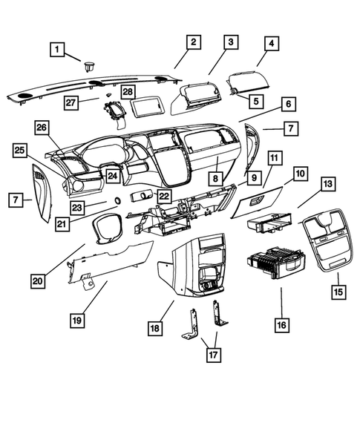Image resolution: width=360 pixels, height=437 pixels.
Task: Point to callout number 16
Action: click(281, 325)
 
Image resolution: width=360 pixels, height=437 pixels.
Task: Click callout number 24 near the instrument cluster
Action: click(111, 176)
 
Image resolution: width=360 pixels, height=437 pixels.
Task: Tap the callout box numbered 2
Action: click(192, 42)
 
